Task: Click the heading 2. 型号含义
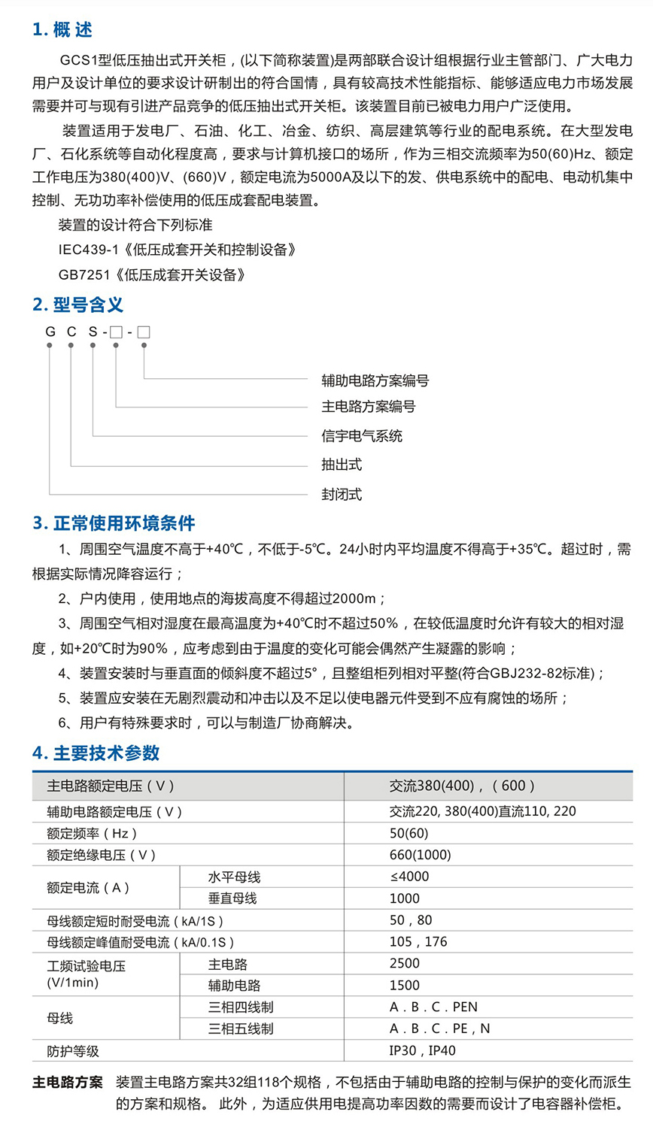(77, 304)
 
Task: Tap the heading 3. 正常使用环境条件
(114, 523)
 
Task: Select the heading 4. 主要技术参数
(96, 753)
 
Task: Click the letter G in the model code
(50, 332)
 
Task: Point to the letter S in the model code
(93, 332)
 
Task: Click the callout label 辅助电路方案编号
(375, 380)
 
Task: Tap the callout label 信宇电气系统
(362, 436)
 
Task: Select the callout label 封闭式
(342, 494)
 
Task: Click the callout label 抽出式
(342, 465)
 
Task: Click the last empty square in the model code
(143, 332)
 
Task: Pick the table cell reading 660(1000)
(421, 855)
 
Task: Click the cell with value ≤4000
(409, 877)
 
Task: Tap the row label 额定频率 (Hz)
(92, 833)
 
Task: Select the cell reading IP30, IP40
(422, 1050)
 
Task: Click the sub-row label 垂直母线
(232, 898)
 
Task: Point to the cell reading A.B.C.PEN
(433, 1007)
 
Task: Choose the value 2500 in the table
(405, 963)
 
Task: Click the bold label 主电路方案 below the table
(68, 1083)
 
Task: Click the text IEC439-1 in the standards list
(89, 250)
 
